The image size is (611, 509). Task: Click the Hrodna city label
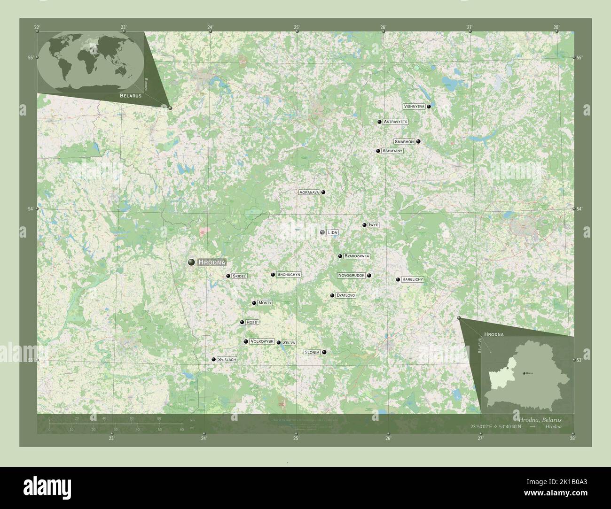click(212, 262)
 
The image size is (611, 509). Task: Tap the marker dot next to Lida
click(322, 232)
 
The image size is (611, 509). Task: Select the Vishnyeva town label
click(414, 107)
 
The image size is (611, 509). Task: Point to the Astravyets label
click(395, 122)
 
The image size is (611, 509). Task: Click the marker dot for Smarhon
click(418, 141)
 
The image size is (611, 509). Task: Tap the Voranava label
click(309, 192)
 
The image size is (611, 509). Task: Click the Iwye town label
click(374, 225)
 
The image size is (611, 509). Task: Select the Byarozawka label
click(357, 256)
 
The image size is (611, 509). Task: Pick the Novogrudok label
click(351, 275)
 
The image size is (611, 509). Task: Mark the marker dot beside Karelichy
click(398, 279)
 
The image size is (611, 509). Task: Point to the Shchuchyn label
click(289, 274)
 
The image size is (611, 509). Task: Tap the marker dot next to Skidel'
click(228, 276)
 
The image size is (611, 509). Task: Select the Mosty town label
click(265, 303)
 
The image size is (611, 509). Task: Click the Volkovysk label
click(262, 341)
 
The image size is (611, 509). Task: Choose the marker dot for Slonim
click(324, 352)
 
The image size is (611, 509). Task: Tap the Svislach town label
click(227, 359)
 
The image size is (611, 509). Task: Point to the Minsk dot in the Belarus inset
click(524, 373)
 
